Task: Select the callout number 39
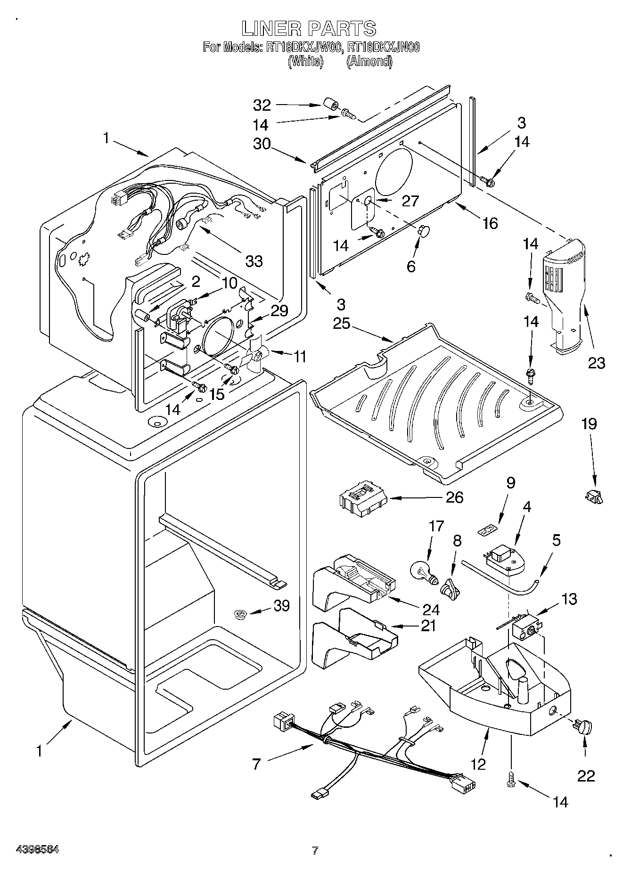click(281, 606)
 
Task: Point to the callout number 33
click(254, 260)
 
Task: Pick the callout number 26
click(454, 497)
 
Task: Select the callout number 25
click(341, 324)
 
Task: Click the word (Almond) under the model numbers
click(369, 61)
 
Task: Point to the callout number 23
click(596, 363)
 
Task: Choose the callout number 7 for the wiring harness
click(256, 764)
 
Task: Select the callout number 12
click(478, 764)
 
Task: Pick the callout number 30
click(262, 143)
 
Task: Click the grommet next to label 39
click(241, 614)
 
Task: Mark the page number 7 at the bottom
click(315, 850)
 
